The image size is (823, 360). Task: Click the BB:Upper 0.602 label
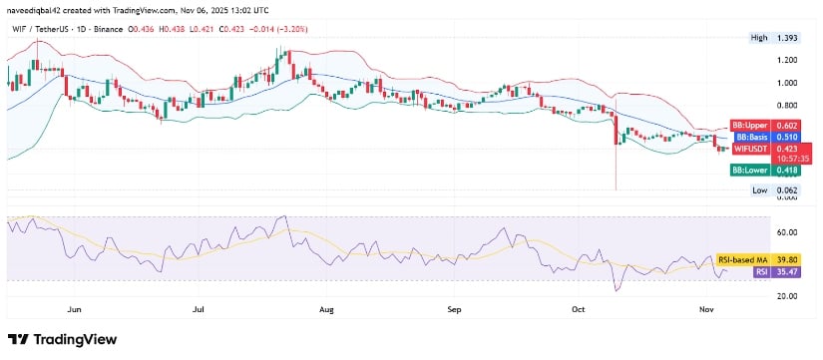(x=762, y=124)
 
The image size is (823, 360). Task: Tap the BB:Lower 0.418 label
(x=762, y=171)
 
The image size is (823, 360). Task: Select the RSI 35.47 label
(x=763, y=270)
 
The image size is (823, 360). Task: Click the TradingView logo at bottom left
(x=63, y=338)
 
